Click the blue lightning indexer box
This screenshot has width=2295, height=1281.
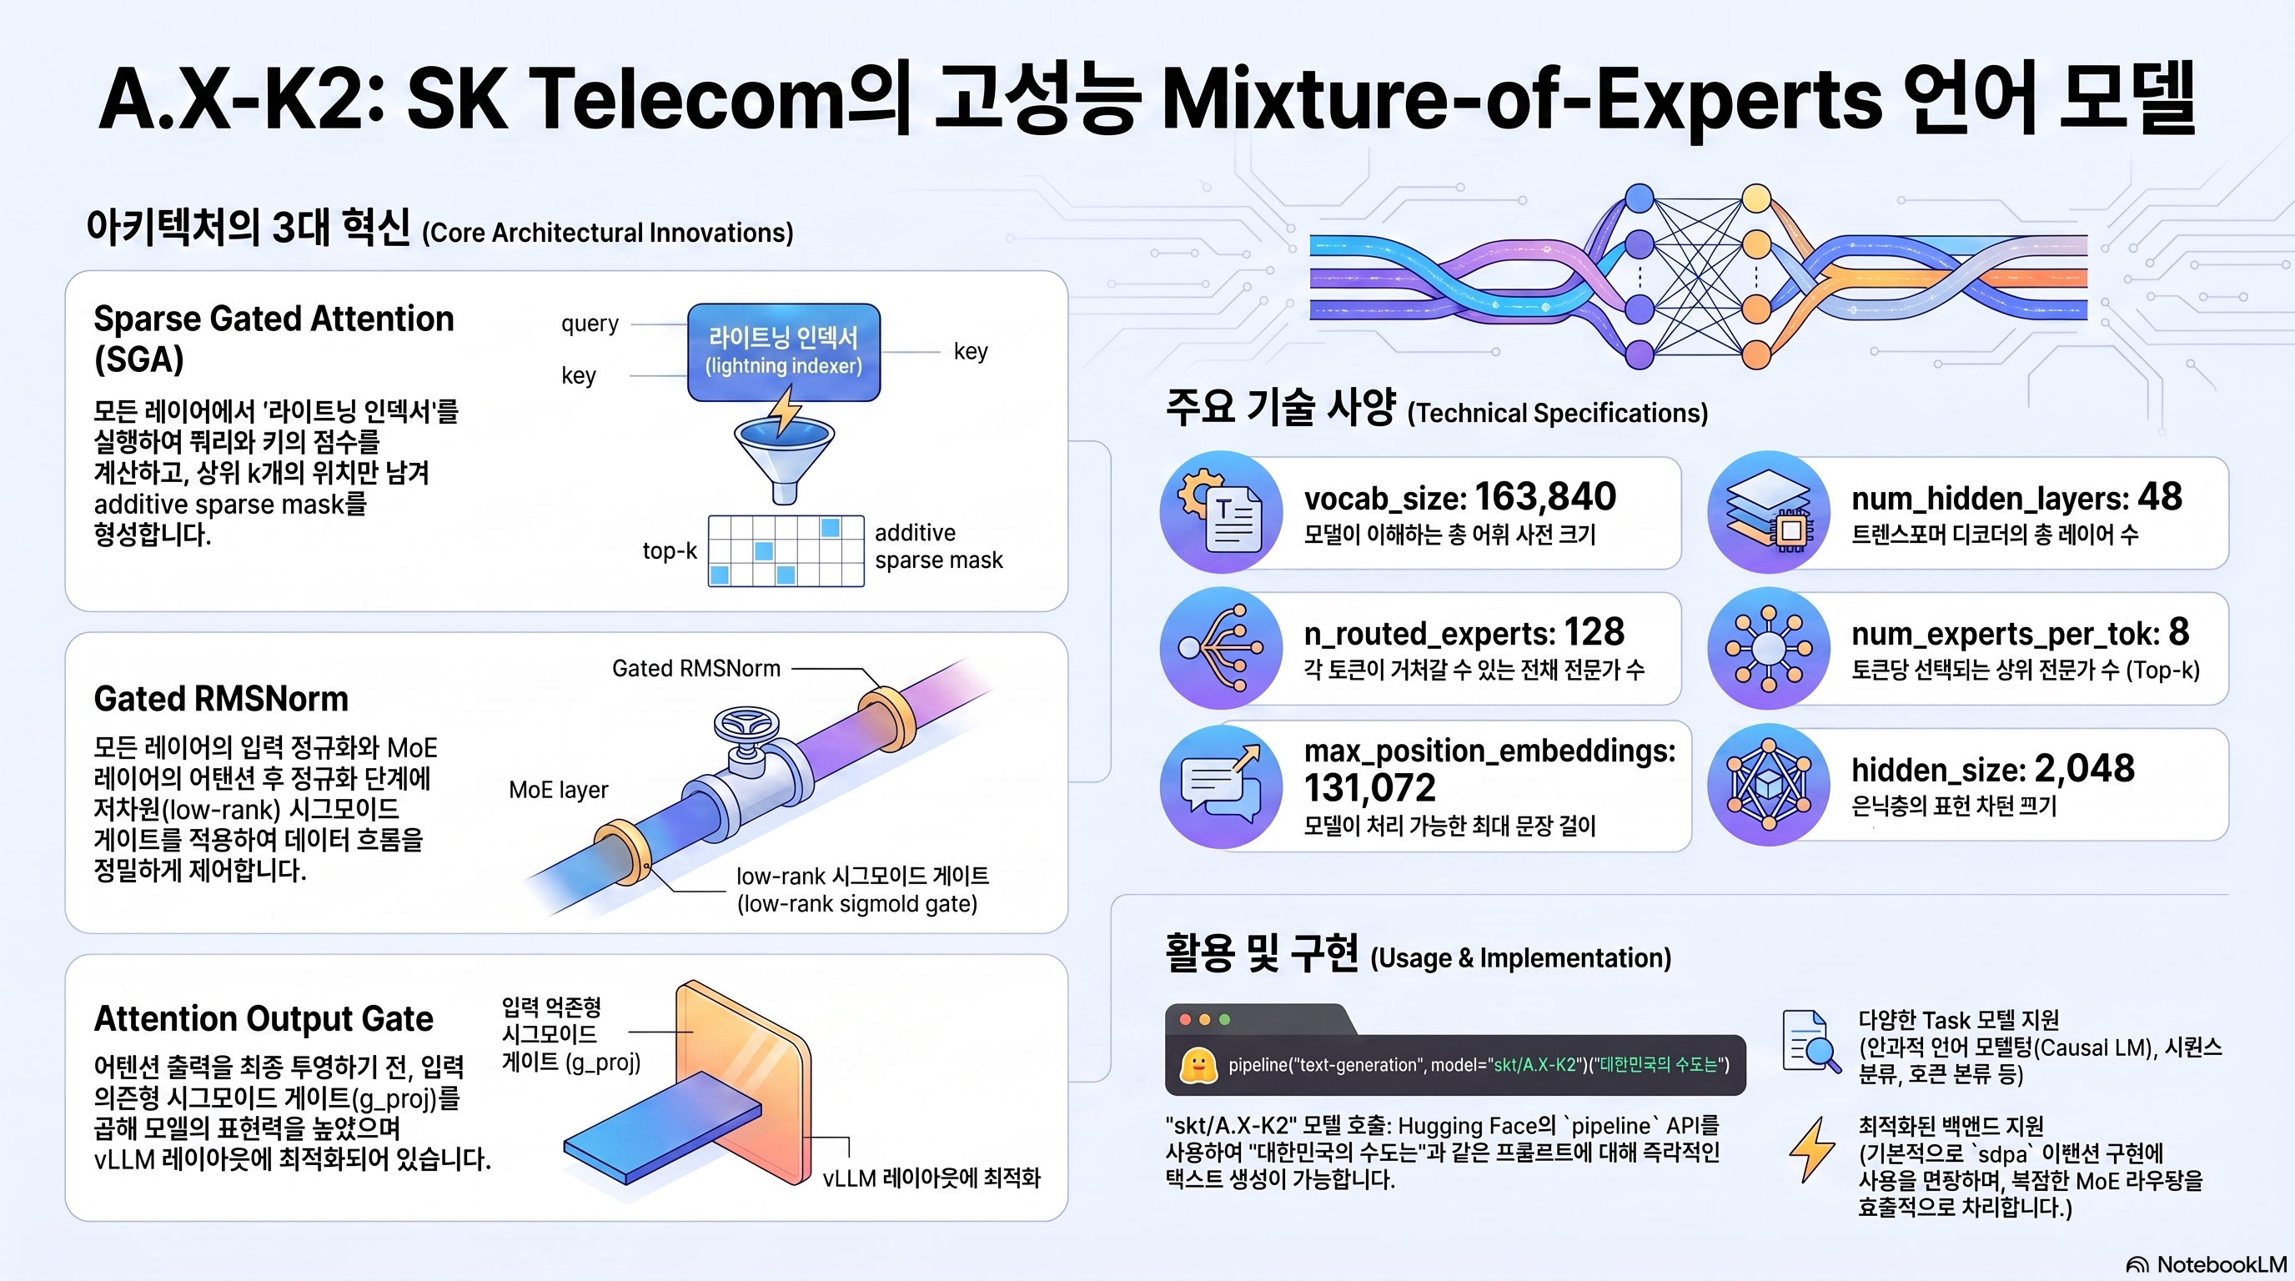click(x=784, y=352)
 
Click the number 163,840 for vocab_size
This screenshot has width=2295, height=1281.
click(x=1544, y=496)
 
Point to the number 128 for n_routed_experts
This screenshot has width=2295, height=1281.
click(x=1594, y=631)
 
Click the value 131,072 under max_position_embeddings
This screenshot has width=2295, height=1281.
click(x=1370, y=787)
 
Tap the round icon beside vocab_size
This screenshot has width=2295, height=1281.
click(x=1221, y=512)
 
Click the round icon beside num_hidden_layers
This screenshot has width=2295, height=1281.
click(x=1769, y=512)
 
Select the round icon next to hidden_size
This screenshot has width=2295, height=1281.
click(x=1769, y=784)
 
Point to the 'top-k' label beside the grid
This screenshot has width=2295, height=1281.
click(x=670, y=550)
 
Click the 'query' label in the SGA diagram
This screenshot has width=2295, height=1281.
click(x=590, y=324)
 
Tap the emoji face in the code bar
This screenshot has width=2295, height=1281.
click(x=1198, y=1064)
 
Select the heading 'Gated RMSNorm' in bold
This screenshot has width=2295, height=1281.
click(x=221, y=698)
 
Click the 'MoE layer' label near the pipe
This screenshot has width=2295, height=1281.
click(x=559, y=790)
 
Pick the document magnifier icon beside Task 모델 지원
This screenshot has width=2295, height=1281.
click(x=1811, y=1042)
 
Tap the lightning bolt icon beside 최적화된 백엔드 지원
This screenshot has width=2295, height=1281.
click(x=1812, y=1149)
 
